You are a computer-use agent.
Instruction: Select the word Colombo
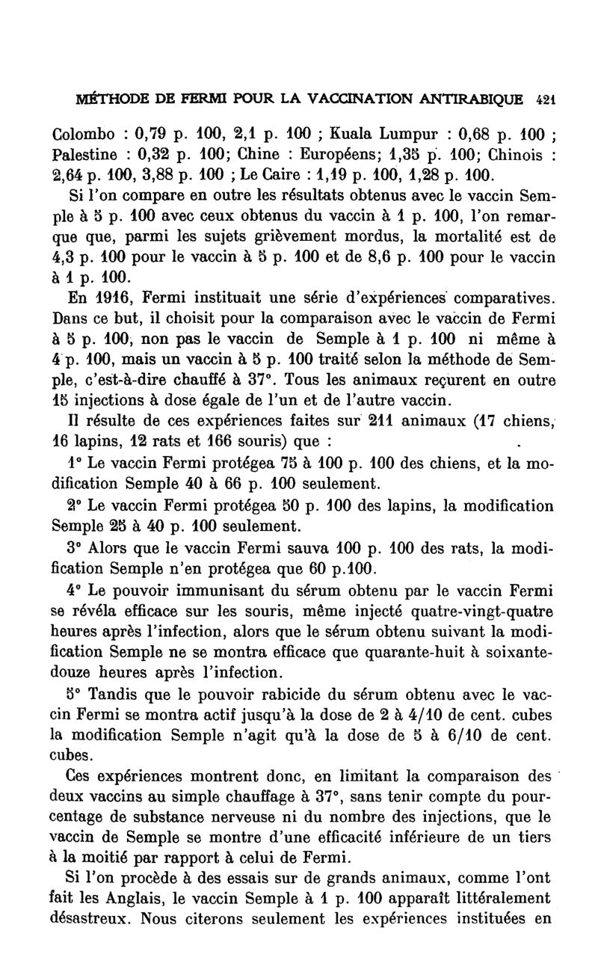[x=85, y=137]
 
